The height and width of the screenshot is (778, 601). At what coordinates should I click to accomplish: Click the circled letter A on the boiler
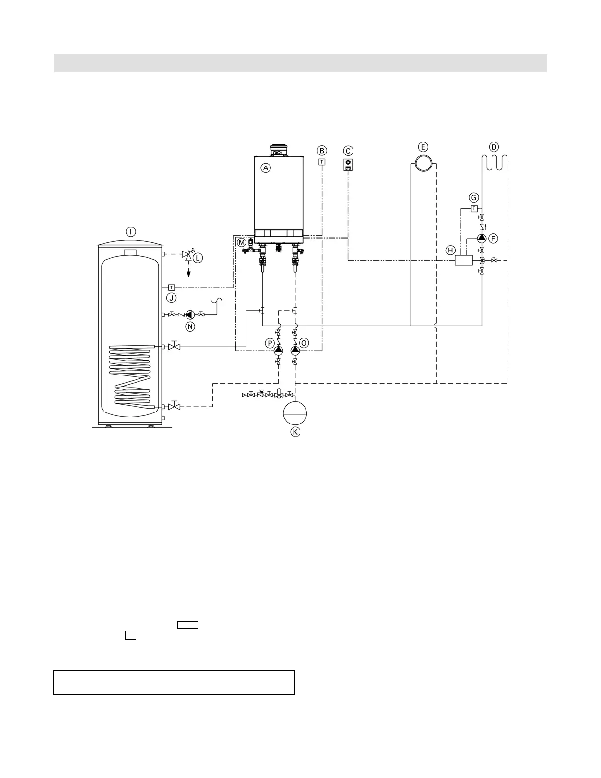[x=265, y=168]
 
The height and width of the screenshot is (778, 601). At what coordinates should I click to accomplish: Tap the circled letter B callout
[x=322, y=151]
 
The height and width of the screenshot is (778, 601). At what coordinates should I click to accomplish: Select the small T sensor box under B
[x=322, y=162]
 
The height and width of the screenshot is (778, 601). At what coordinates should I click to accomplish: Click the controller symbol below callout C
[x=348, y=165]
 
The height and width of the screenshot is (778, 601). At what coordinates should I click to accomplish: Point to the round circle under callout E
[x=423, y=163]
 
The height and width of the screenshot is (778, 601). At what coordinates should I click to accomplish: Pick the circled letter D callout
[x=494, y=147]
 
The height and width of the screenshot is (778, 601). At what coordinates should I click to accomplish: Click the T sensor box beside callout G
[x=474, y=208]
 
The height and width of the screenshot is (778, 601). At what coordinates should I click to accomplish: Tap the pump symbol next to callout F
[x=482, y=238]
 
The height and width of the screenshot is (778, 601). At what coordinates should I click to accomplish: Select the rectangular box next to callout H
[x=464, y=260]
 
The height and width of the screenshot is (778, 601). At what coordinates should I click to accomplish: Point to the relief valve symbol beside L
[x=187, y=255]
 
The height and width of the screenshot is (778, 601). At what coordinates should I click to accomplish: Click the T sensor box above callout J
[x=171, y=287]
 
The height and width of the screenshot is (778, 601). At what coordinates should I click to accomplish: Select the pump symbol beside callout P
[x=279, y=350]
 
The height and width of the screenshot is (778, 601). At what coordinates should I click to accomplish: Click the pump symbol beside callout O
[x=295, y=350]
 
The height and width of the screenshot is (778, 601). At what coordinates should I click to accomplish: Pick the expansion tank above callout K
[x=295, y=412]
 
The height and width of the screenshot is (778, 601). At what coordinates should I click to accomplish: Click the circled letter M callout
[x=241, y=242]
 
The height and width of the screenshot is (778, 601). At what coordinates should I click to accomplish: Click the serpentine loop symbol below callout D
[x=494, y=163]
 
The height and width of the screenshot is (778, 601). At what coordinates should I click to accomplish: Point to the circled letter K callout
[x=295, y=432]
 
